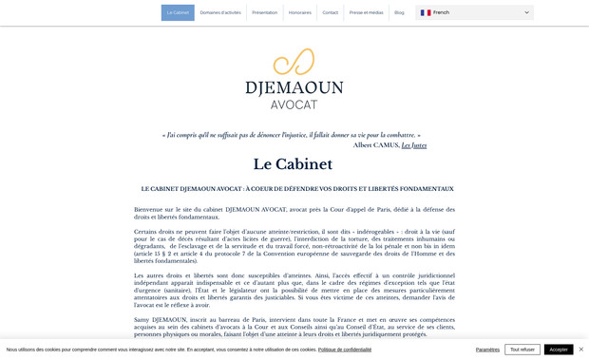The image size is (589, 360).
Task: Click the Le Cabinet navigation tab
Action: [x=178, y=12]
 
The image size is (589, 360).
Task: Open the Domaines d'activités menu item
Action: [x=220, y=12]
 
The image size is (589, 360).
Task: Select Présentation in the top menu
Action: [x=265, y=12]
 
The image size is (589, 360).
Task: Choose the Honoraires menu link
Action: [x=300, y=12]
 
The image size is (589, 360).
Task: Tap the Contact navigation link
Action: [x=330, y=12]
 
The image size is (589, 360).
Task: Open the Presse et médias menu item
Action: [x=366, y=12]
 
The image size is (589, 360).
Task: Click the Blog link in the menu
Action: [x=399, y=12]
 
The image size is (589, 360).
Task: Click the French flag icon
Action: [x=426, y=12]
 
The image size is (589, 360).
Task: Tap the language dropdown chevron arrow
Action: [x=526, y=12]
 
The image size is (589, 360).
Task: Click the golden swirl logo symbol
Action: [x=294, y=62]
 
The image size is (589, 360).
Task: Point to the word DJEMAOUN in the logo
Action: [x=294, y=87]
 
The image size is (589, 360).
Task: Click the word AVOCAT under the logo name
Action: [x=294, y=104]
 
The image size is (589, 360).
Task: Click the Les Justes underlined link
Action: [x=414, y=145]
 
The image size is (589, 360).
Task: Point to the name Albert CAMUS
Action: [x=376, y=145]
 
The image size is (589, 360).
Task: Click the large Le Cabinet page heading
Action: [x=293, y=164]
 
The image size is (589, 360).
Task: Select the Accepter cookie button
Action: [x=559, y=350]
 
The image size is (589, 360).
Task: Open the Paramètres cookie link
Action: [x=487, y=350]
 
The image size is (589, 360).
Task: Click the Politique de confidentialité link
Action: [x=345, y=350]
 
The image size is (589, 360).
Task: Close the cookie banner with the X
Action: [x=581, y=350]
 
